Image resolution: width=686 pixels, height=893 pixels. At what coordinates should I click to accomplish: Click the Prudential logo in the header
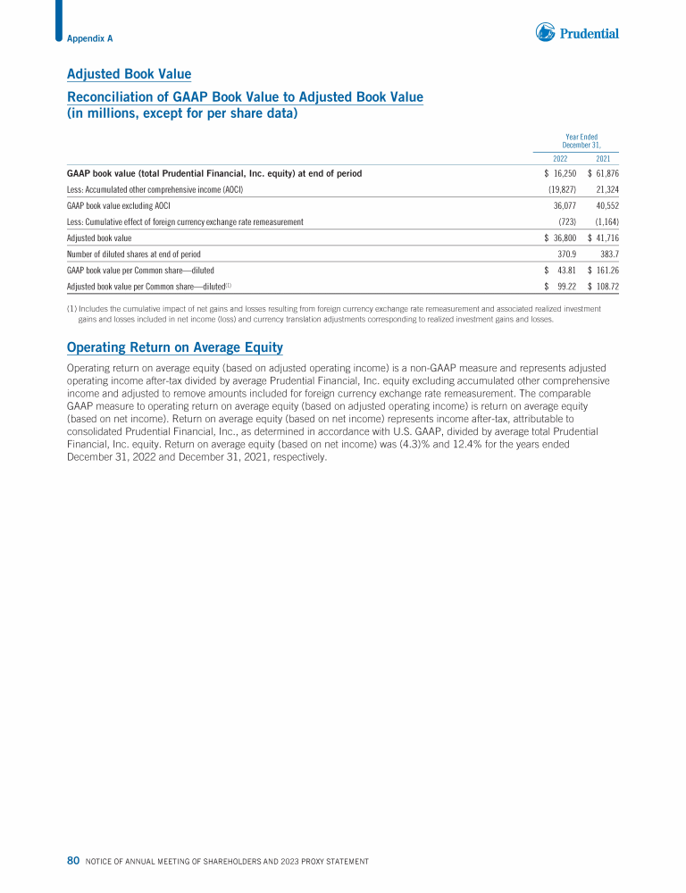pos(577,33)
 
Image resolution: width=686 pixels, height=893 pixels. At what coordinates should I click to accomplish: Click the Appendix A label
pos(89,38)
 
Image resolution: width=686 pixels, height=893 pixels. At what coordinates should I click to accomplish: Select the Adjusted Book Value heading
pos(130,74)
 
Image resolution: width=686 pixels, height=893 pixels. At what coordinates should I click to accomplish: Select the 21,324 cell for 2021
pos(607,190)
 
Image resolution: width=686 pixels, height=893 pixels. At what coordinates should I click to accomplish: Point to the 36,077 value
pos(565,206)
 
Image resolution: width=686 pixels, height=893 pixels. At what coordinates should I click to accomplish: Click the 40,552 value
pos(607,206)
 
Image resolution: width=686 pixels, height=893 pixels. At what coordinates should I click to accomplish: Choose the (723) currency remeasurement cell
pos(565,221)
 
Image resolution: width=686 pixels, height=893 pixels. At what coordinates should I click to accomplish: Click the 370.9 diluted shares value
pos(566,255)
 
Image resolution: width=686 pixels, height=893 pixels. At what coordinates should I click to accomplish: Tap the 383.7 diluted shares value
pos(608,255)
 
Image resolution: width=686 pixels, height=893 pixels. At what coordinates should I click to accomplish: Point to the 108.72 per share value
pos(607,287)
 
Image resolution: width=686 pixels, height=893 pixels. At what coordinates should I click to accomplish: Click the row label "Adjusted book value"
pos(99,238)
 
